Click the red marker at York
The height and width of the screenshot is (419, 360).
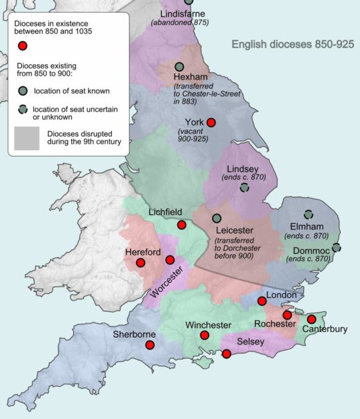(x=211, y=123)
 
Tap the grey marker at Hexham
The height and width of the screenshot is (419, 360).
(x=180, y=67)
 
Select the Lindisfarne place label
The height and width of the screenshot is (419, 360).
(x=180, y=13)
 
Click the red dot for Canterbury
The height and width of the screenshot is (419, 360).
(x=312, y=319)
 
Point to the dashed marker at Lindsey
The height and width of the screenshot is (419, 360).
(x=244, y=188)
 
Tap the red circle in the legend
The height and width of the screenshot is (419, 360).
(x=23, y=46)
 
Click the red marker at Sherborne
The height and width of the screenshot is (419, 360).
(x=150, y=345)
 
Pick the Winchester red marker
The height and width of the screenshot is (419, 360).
(x=205, y=335)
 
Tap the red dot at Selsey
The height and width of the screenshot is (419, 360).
(x=226, y=354)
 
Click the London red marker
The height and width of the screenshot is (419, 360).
(x=262, y=301)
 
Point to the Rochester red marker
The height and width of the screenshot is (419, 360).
(x=287, y=315)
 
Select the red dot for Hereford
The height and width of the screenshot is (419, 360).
(x=141, y=262)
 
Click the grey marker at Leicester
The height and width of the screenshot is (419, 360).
(x=217, y=218)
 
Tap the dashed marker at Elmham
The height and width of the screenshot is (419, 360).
(x=309, y=215)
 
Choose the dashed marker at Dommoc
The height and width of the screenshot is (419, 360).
(x=336, y=247)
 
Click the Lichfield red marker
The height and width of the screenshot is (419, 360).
(x=182, y=225)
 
